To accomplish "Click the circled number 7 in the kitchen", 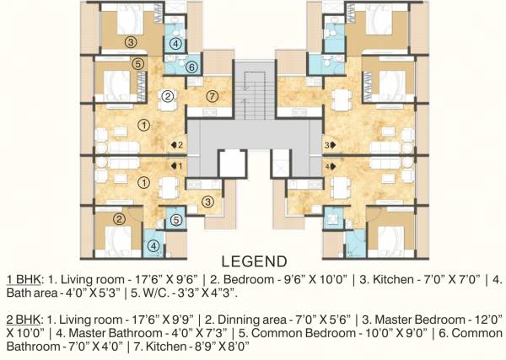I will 212,97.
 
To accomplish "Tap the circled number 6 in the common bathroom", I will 191,67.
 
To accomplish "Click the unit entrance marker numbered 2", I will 178,145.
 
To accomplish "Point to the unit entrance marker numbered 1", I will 178,165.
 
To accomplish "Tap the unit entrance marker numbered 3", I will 328,145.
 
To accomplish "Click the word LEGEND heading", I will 253,261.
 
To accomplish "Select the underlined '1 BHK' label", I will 23,278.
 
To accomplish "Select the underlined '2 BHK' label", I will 23,320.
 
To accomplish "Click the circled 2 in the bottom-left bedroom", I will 120,219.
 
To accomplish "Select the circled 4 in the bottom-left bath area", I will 153,246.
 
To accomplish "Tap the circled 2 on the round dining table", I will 168,96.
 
